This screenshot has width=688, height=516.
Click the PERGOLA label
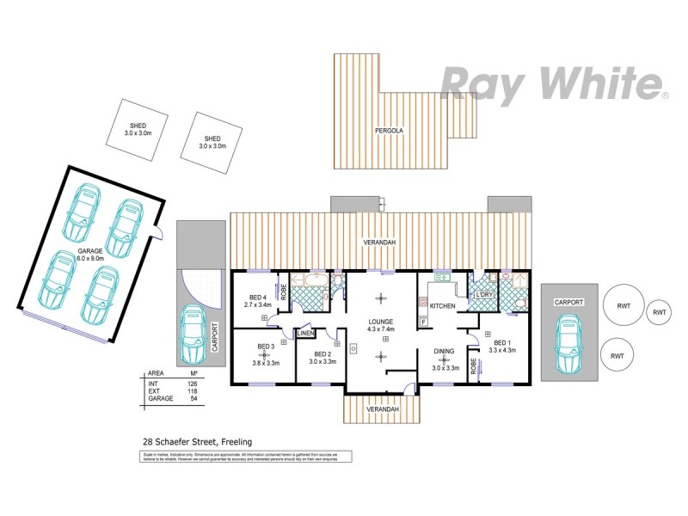click(389, 131)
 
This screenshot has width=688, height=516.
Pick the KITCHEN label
click(442, 306)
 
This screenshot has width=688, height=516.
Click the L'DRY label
click(483, 295)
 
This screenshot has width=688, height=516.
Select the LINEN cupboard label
click(306, 333)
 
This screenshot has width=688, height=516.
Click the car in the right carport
click(568, 342)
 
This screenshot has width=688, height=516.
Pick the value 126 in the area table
click(193, 383)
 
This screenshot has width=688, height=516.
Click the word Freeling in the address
click(236, 442)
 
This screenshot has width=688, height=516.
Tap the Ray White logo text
click(550, 84)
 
